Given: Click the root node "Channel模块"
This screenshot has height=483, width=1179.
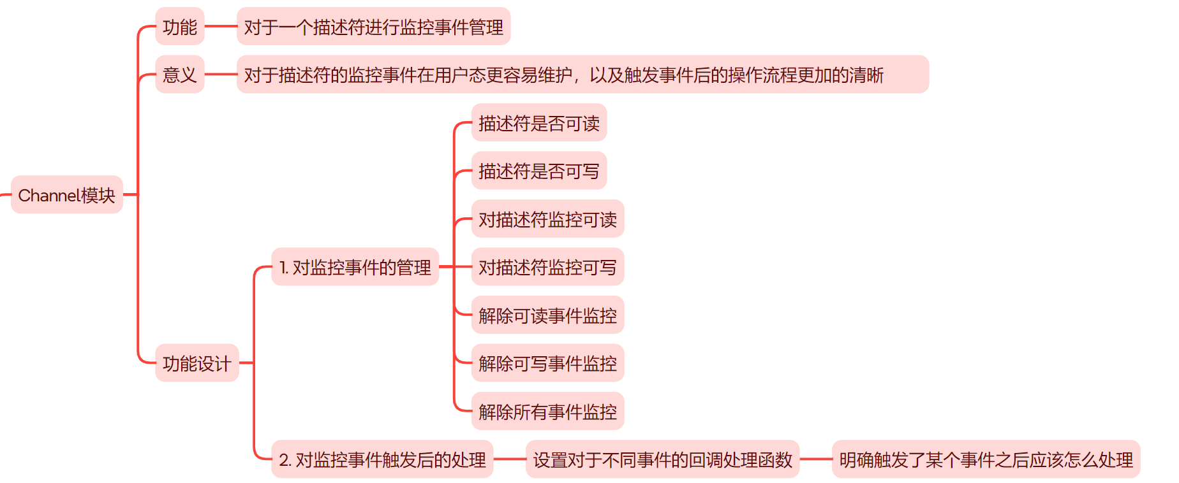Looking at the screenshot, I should pyautogui.click(x=67, y=195).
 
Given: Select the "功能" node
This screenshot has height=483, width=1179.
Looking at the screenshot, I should pyautogui.click(x=180, y=27).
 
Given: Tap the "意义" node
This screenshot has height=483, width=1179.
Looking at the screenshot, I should pyautogui.click(x=180, y=75).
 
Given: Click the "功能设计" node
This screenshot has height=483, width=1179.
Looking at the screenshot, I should pyautogui.click(x=196, y=363).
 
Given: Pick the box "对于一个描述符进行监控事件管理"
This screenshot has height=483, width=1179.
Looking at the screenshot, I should pyautogui.click(x=373, y=27).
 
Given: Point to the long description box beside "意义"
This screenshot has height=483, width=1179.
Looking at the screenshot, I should pyautogui.click(x=582, y=75).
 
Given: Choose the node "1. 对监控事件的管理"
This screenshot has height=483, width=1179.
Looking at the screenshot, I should pyautogui.click(x=355, y=267).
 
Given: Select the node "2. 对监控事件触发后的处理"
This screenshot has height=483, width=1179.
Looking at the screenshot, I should pyautogui.click(x=382, y=459).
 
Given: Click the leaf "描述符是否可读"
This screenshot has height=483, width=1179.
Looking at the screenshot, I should pyautogui.click(x=538, y=123).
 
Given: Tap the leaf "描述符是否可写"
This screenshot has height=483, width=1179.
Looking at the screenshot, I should pyautogui.click(x=538, y=171).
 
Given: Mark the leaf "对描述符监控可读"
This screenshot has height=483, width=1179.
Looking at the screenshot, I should pyautogui.click(x=547, y=219).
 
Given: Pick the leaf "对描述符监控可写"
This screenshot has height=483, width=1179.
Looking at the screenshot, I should pyautogui.click(x=547, y=267).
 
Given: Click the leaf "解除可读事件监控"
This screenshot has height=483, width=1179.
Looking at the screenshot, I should pyautogui.click(x=547, y=315).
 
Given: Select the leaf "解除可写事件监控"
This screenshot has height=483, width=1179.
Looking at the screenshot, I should pyautogui.click(x=547, y=363).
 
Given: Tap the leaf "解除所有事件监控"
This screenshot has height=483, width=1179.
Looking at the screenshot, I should pyautogui.click(x=547, y=412).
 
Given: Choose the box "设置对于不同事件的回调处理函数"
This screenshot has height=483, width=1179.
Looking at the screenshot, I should pyautogui.click(x=662, y=459).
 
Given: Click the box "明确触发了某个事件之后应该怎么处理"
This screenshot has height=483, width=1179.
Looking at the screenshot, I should pyautogui.click(x=986, y=459).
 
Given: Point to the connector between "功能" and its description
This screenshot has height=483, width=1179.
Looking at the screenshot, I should pyautogui.click(x=221, y=27).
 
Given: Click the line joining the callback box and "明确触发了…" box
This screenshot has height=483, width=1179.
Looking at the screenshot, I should pyautogui.click(x=816, y=459).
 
